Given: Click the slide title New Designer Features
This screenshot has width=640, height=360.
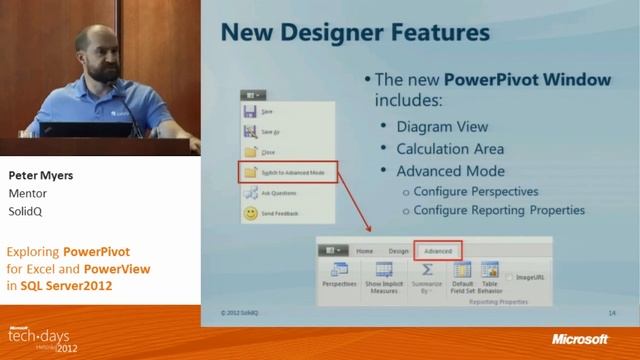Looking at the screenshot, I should click(355, 33).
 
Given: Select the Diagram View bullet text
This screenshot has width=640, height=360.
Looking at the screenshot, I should click(442, 127).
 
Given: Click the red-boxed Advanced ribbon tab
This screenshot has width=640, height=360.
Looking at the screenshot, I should click(438, 251).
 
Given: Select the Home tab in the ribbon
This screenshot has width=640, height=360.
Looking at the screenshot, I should click(365, 251).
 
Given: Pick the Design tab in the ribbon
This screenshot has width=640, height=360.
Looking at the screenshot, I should click(398, 251).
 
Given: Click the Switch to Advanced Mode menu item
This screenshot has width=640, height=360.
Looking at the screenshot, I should click(295, 173).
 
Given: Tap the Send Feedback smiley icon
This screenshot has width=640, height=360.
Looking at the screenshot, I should click(250, 214).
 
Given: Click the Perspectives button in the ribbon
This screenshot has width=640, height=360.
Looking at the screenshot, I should click(340, 276).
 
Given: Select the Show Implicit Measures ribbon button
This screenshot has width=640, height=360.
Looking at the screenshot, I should click(384, 276).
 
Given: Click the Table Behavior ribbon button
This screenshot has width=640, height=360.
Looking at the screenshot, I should click(489, 275).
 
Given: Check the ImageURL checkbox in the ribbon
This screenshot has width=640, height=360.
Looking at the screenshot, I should click(510, 277).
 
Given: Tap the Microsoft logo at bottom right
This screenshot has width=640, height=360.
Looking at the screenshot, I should click(579, 340).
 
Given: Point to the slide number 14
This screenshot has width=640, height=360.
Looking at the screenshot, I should click(611, 313).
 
